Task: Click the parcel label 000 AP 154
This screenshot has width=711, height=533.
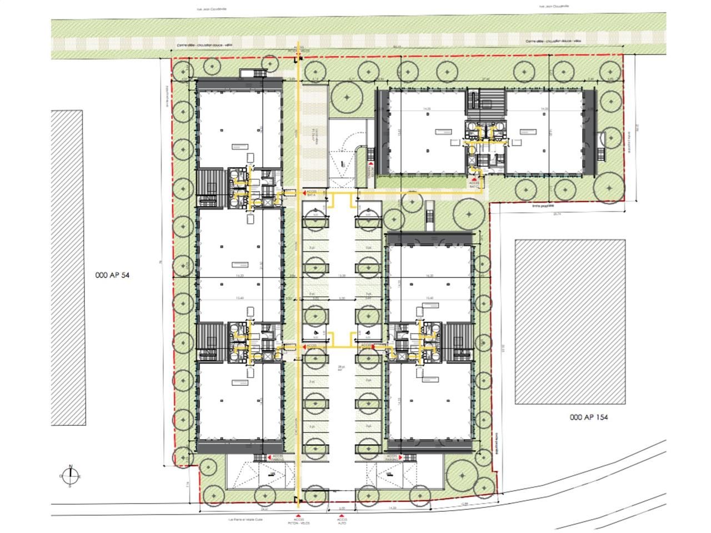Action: pos(589,417)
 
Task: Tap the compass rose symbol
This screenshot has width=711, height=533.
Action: pos(71,476)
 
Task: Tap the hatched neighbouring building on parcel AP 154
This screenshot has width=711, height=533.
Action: pos(569,321)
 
